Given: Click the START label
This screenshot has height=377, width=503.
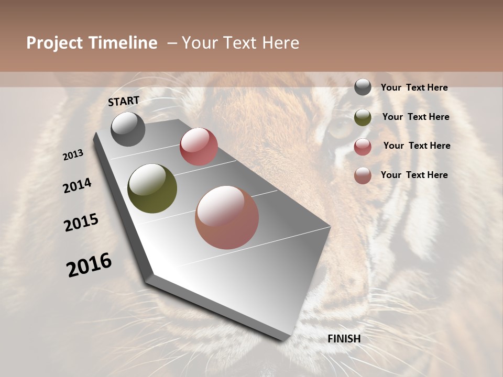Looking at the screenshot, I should pos(124,101).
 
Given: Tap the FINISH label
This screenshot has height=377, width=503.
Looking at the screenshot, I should pos(344,339).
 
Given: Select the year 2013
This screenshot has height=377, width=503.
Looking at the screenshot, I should pos(73,155).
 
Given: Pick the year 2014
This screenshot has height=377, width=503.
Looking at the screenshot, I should pos(77,185).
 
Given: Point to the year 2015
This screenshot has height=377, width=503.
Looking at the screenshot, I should pos(81,223).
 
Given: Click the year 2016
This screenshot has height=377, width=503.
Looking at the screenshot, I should pos(89,265).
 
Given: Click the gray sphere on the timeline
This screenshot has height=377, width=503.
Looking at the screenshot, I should pos(128,129).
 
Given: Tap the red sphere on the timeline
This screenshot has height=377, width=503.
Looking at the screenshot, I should pos(199,147).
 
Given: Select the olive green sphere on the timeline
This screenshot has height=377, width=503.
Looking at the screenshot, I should pos(152,188).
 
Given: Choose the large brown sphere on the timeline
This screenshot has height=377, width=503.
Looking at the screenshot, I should pos(227,217).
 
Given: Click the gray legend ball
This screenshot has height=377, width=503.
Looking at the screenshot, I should pos(363,87).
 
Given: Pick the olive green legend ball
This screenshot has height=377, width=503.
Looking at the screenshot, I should pos(363,117).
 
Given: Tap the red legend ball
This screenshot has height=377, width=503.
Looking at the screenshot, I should pos(363,147).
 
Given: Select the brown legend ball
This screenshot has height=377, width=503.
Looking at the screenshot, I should pos(363,175).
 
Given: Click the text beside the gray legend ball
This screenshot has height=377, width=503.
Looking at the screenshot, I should pos(414,87).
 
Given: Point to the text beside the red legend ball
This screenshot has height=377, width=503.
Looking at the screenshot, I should pos(417,146).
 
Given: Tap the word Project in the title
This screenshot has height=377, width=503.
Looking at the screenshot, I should pos(54,43).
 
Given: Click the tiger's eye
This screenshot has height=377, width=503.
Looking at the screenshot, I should pos(340,127).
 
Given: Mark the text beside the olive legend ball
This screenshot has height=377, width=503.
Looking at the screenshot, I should pos(415,117).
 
